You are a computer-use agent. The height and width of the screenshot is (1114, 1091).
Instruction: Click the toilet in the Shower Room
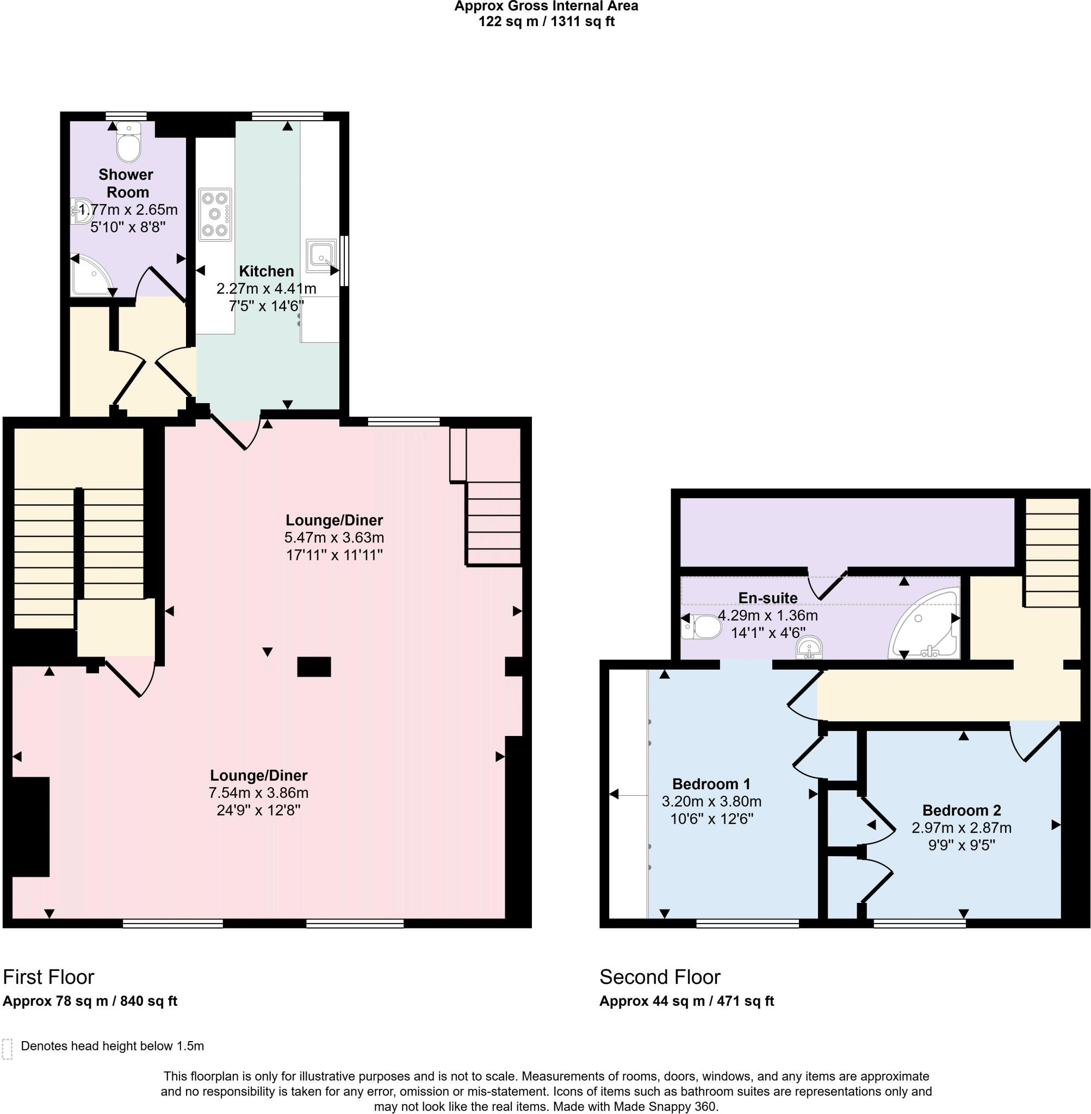click(128, 142)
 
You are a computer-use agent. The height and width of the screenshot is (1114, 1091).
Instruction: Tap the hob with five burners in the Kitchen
click(215, 214)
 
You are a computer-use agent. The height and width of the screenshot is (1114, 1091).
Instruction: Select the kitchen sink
click(320, 256)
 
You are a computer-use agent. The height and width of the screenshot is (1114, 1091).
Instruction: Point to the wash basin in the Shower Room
click(82, 211)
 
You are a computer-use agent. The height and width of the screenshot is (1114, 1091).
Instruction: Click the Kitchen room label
click(266, 271)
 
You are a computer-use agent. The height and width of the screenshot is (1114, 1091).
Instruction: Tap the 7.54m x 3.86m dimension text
click(258, 793)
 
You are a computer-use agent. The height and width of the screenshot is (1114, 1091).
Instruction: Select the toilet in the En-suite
click(703, 627)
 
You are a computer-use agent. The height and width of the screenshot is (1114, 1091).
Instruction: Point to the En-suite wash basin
click(809, 648)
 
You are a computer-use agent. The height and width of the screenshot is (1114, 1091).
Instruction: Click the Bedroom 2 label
click(962, 810)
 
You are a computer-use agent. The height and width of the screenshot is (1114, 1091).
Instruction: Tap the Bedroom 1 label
click(711, 784)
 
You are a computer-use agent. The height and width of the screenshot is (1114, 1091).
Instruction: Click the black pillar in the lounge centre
click(313, 667)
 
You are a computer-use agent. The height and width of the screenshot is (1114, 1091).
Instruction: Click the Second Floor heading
click(660, 977)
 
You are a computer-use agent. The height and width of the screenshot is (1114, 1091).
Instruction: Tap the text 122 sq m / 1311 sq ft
click(546, 22)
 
